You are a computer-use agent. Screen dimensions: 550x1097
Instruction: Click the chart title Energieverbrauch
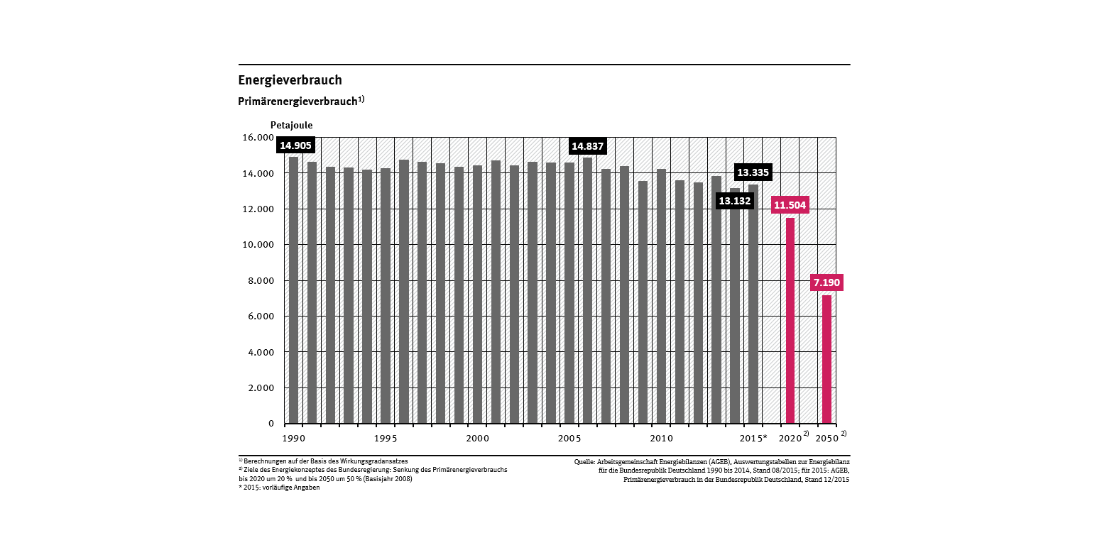pyautogui.click(x=290, y=80)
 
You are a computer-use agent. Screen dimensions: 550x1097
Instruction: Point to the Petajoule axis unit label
pyautogui.click(x=291, y=126)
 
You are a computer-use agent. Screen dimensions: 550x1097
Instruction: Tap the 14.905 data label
pyautogui.click(x=295, y=145)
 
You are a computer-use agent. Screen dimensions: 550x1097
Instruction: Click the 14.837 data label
pyautogui.click(x=587, y=146)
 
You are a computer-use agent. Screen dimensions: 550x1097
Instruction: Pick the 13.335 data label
pyautogui.click(x=753, y=172)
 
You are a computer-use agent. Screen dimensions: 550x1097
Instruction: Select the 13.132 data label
pyautogui.click(x=734, y=201)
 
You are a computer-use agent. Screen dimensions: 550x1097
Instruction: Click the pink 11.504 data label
pyautogui.click(x=790, y=206)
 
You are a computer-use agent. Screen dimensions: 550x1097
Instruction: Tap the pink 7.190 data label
pyautogui.click(x=826, y=283)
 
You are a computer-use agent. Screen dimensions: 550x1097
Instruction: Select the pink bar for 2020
pyautogui.click(x=790, y=320)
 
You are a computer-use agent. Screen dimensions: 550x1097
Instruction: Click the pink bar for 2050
pyautogui.click(x=826, y=359)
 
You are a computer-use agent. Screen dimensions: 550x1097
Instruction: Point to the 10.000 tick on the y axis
pyautogui.click(x=258, y=245)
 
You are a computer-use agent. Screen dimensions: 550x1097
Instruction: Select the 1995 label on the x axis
pyautogui.click(x=386, y=438)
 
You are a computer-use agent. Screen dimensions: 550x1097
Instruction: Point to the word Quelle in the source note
pyautogui.click(x=585, y=462)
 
